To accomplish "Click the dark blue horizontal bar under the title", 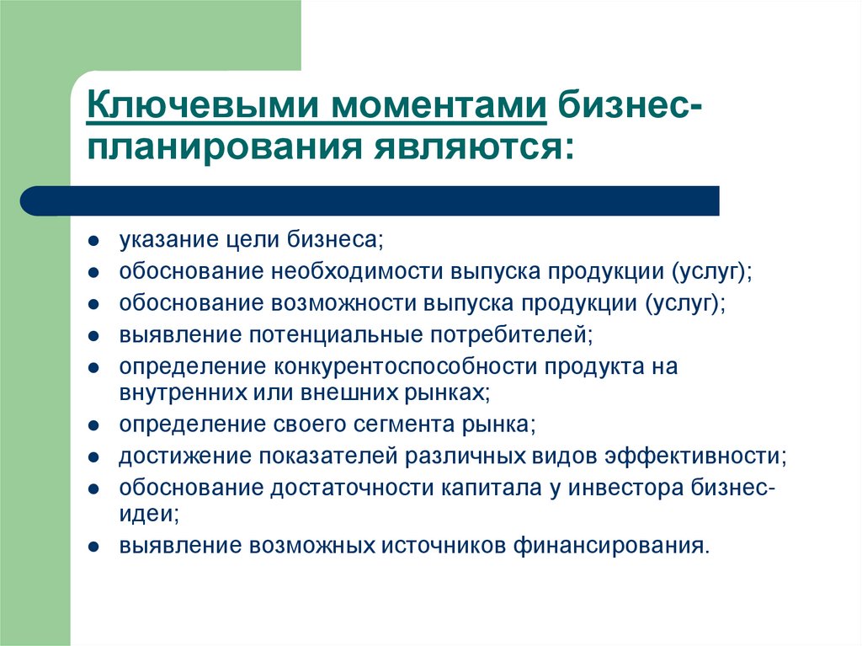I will (x=370, y=200).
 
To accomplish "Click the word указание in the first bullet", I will (x=165, y=240).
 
